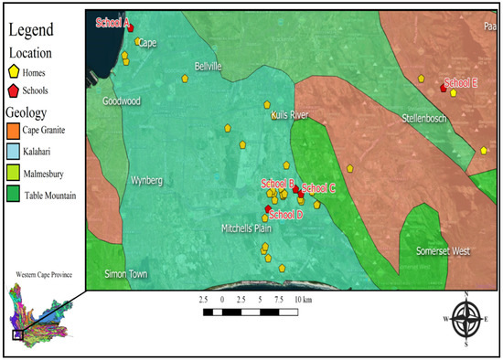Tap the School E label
pos(461,82)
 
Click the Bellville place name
pos(209,65)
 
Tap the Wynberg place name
pos(147,180)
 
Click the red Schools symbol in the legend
pos(15,90)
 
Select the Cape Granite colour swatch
pos(14,132)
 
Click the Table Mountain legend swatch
pos(14,194)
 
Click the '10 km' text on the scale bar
pos(301,300)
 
